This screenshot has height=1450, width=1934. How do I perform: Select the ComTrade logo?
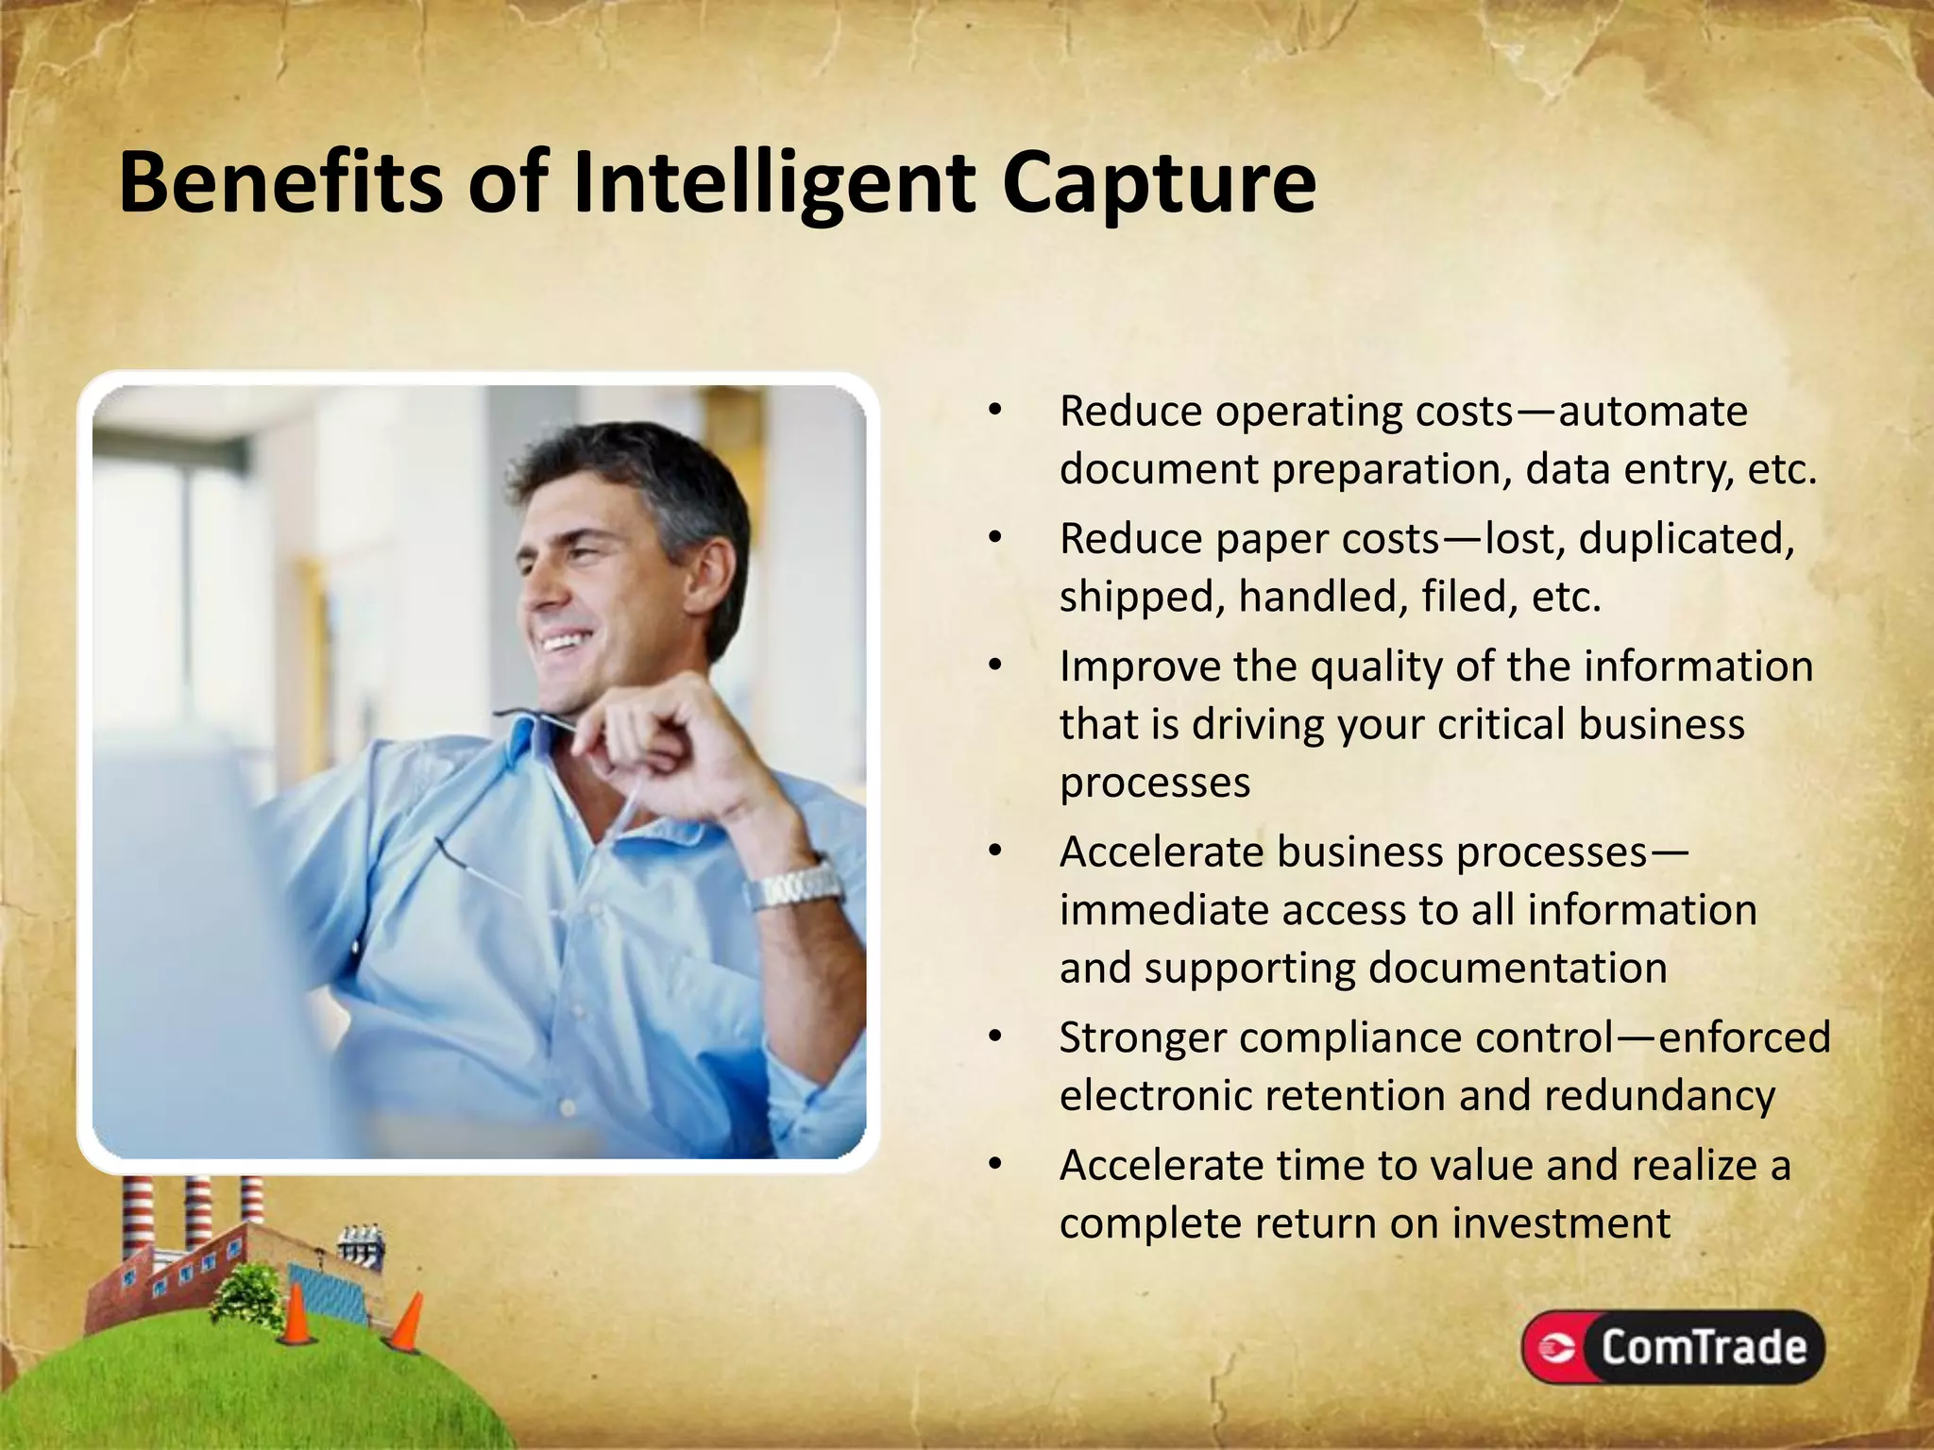click(x=1672, y=1347)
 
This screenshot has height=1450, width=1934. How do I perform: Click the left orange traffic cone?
click(x=297, y=1314)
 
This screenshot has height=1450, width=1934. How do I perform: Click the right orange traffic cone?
click(x=408, y=1324)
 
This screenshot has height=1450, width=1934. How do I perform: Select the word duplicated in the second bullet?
click(x=1686, y=539)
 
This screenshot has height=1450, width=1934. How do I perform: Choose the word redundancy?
click(x=1659, y=1096)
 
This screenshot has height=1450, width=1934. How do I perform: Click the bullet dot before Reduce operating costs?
click(x=994, y=412)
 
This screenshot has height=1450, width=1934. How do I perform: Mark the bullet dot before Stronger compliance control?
click(x=994, y=1038)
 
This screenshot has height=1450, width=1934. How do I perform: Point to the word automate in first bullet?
click(x=1653, y=412)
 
